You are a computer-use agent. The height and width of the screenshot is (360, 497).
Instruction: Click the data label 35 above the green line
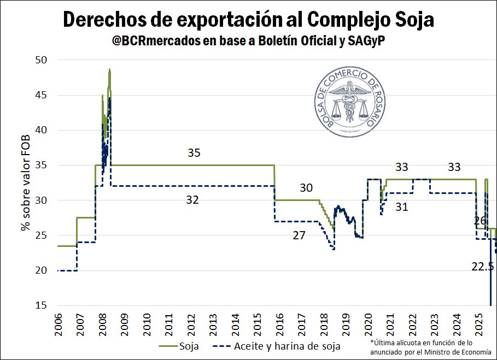coord(194,153)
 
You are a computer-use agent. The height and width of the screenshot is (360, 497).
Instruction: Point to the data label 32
coord(192,200)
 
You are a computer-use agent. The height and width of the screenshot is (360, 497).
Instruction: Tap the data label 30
coord(306,188)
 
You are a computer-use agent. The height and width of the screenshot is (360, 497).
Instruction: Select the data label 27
coord(299,235)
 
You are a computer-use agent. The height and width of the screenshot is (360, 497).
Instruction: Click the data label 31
coord(402,206)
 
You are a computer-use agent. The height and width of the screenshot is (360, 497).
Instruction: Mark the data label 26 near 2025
coord(480,221)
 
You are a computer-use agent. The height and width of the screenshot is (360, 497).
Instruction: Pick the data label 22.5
coord(482,267)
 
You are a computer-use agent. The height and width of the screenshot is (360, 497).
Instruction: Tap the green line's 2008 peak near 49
coord(110,70)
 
